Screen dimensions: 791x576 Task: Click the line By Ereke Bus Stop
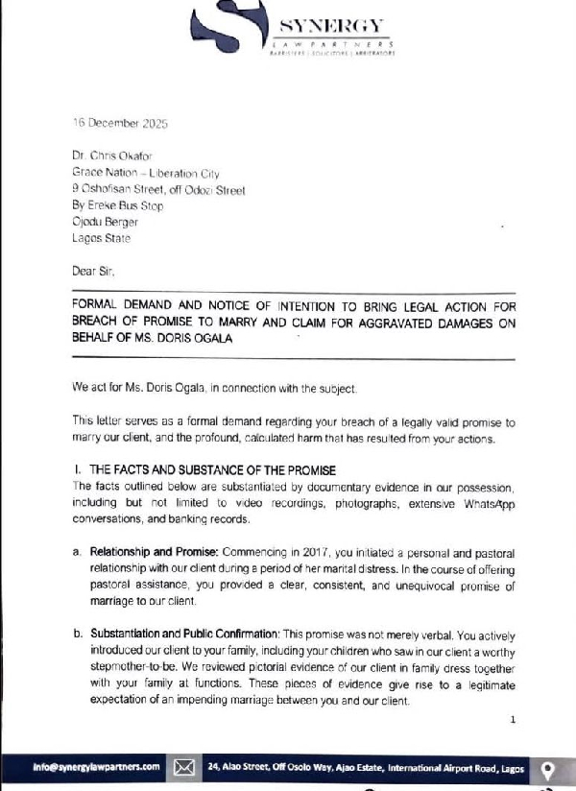(117, 205)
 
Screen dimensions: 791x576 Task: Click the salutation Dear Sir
(92, 271)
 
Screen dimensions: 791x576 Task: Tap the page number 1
(513, 719)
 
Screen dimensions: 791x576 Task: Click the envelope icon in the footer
(185, 767)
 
